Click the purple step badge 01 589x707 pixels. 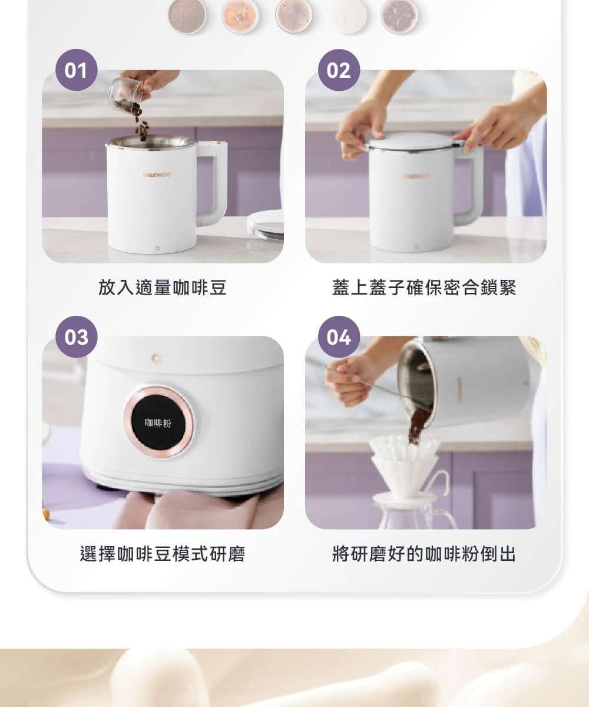76,70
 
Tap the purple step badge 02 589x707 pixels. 339,70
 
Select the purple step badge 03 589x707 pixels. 76,337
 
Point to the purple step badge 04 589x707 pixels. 339,337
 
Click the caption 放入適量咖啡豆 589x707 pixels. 163,288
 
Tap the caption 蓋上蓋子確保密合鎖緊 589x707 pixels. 424,288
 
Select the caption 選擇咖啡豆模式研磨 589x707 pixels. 163,554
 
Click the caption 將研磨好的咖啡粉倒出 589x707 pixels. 424,554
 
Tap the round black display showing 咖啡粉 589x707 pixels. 158,421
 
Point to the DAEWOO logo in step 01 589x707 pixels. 157,174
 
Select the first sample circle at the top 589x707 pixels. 187,15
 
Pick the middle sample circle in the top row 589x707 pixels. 293,15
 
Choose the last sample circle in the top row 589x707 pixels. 399,15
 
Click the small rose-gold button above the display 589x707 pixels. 155,358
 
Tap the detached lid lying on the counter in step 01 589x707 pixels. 266,224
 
